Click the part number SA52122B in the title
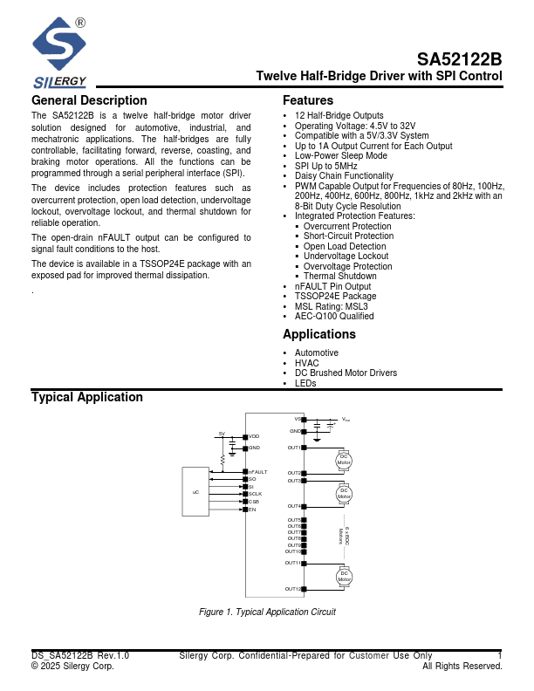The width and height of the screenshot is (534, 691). point(459,60)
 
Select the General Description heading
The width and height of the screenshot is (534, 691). point(89,100)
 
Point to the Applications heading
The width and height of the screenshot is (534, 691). point(319,334)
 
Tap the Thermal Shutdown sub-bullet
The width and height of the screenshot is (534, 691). point(340,276)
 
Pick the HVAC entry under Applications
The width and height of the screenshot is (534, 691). point(307,363)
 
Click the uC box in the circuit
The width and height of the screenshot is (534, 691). point(195,493)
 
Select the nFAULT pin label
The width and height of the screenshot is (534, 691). point(257,472)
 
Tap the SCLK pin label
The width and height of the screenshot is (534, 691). point(255,494)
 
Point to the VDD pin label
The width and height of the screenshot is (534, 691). point(254,436)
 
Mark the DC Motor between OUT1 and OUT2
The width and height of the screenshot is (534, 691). point(344,460)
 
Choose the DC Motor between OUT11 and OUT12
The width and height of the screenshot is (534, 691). point(344,576)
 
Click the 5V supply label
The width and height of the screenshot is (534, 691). point(222,434)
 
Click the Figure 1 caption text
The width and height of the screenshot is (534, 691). point(267,612)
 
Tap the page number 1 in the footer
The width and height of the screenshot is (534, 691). point(500,655)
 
